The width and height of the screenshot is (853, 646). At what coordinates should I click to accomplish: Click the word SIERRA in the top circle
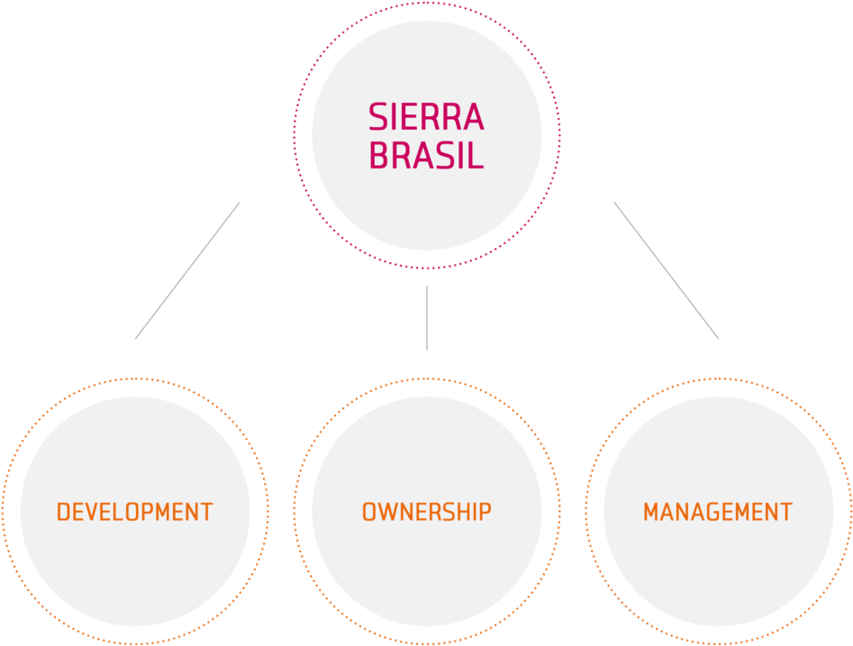pos(426,117)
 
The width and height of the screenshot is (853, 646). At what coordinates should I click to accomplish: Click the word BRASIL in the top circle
pos(426,156)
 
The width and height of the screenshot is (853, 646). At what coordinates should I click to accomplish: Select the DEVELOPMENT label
pos(134,512)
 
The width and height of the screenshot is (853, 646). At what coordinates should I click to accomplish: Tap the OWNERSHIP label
pos(426,512)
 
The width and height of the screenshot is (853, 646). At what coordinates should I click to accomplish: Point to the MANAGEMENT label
pos(717,512)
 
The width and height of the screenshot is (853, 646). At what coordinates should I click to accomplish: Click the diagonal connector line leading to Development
pos(187,270)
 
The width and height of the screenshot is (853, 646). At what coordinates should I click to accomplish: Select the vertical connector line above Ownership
pos(426,317)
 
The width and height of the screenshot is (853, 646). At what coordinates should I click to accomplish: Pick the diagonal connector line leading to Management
pos(667,270)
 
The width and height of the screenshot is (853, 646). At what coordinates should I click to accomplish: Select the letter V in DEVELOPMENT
pos(95,512)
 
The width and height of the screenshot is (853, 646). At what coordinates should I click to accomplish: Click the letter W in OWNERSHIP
pos(388,512)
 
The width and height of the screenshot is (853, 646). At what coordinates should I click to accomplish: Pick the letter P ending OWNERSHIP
pos(485,512)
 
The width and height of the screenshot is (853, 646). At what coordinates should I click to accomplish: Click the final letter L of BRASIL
pos(476,156)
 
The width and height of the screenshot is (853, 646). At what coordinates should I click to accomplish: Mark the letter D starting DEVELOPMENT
pos(64,512)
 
